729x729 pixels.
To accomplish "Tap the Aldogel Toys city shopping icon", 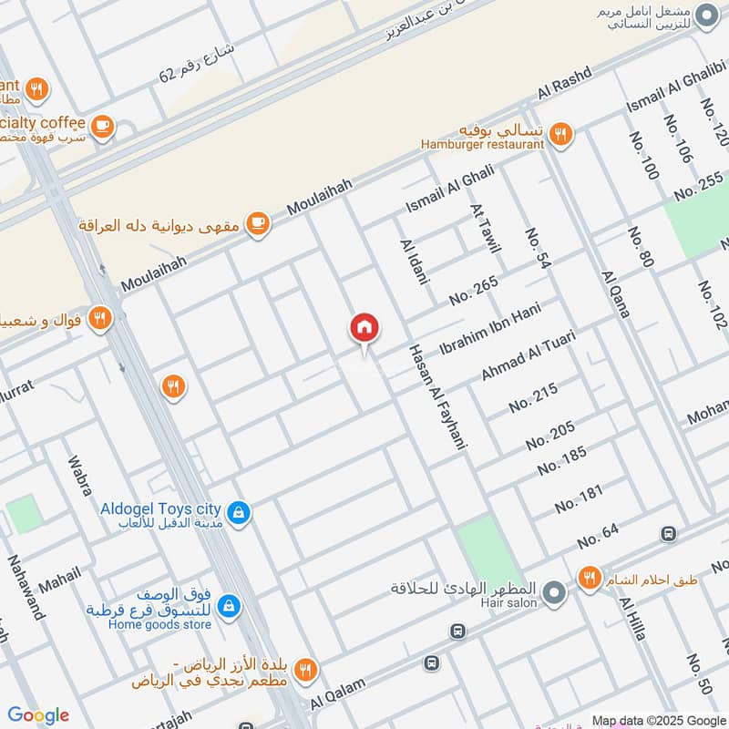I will coord(238,514).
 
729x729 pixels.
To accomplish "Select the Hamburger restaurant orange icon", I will coord(561,135).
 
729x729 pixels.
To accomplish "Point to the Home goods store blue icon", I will coord(229,605).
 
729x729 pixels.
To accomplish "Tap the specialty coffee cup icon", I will coord(102,127).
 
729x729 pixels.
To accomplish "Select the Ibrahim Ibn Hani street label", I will coord(489,334).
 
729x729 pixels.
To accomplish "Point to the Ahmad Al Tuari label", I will coord(529,356).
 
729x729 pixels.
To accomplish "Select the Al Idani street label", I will coord(414,262).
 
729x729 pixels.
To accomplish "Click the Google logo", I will coord(38,715).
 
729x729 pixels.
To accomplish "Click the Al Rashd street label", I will coord(565,83).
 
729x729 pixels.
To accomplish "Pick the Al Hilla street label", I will coord(632,619).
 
